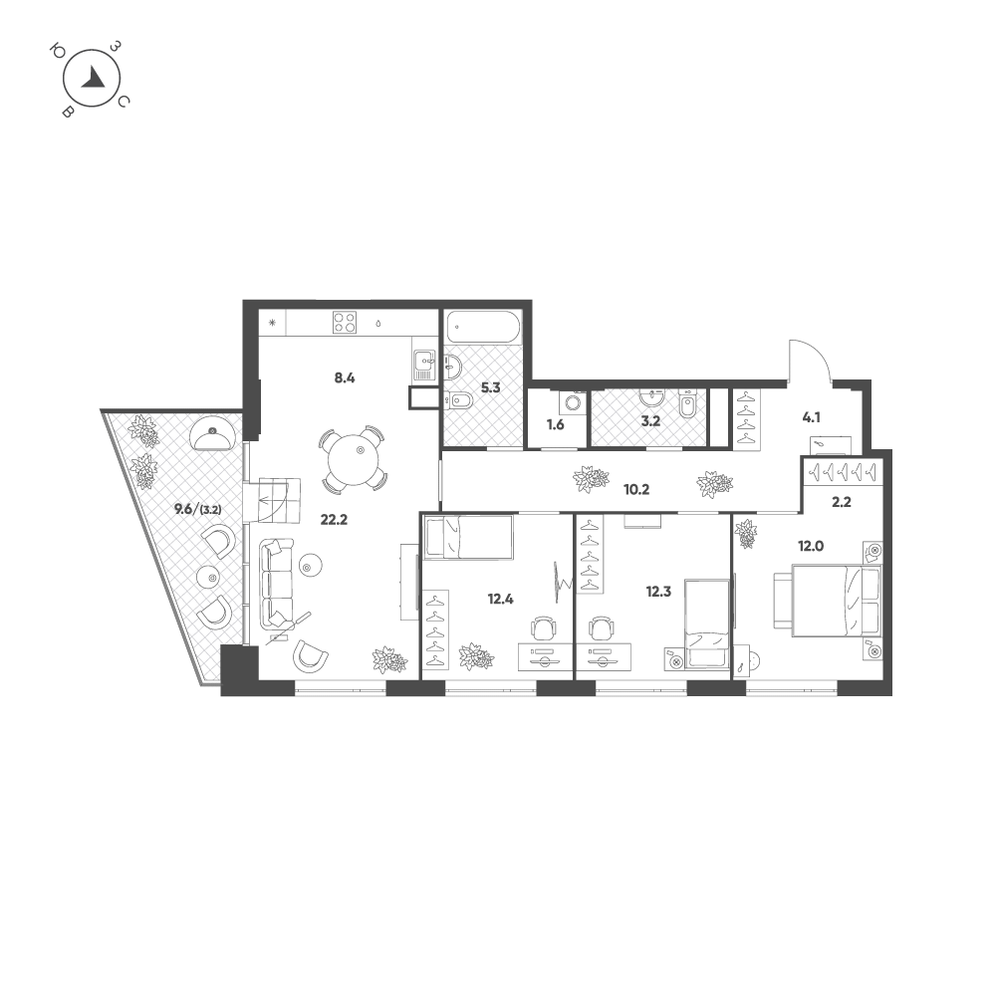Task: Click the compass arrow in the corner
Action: (x=94, y=78)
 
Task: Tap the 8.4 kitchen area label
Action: (x=345, y=378)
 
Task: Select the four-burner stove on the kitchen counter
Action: (x=345, y=322)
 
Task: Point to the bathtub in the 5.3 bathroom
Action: (x=483, y=327)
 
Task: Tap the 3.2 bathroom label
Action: (x=650, y=420)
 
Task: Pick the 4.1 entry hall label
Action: (x=811, y=418)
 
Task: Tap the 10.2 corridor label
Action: (x=635, y=490)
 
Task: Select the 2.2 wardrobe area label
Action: (x=841, y=502)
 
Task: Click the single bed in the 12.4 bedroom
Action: (x=468, y=537)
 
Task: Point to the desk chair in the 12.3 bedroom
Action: (x=601, y=629)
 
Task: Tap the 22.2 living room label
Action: (x=334, y=520)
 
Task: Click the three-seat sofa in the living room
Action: (x=277, y=583)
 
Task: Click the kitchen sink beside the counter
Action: (x=423, y=366)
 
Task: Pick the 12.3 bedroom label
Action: (x=658, y=592)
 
